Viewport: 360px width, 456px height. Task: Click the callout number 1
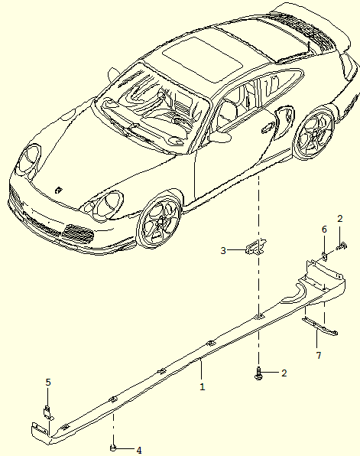coord(203,387)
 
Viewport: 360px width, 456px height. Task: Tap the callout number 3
coord(223,250)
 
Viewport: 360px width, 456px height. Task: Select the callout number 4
coord(139,451)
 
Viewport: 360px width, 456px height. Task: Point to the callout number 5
coord(48,382)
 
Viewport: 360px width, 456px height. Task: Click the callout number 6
coord(324,230)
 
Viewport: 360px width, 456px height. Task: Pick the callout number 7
coord(319,355)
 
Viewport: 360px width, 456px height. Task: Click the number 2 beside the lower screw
coord(284,373)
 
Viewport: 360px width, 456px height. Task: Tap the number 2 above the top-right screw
coord(340,219)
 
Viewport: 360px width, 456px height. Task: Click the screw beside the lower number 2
coord(258,373)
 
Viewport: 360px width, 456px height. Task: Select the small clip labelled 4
coord(113,448)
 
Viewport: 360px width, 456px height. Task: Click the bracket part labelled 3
coord(256,246)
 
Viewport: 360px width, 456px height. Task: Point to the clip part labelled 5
coord(48,412)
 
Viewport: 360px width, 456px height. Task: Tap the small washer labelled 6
coord(324,256)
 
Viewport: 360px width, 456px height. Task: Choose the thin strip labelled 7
coord(319,326)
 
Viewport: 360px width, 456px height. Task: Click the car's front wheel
coord(159,220)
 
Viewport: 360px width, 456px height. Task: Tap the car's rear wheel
coord(315,135)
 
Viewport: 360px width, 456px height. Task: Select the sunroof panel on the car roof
coord(203,60)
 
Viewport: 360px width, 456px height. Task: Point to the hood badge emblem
coord(59,190)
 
